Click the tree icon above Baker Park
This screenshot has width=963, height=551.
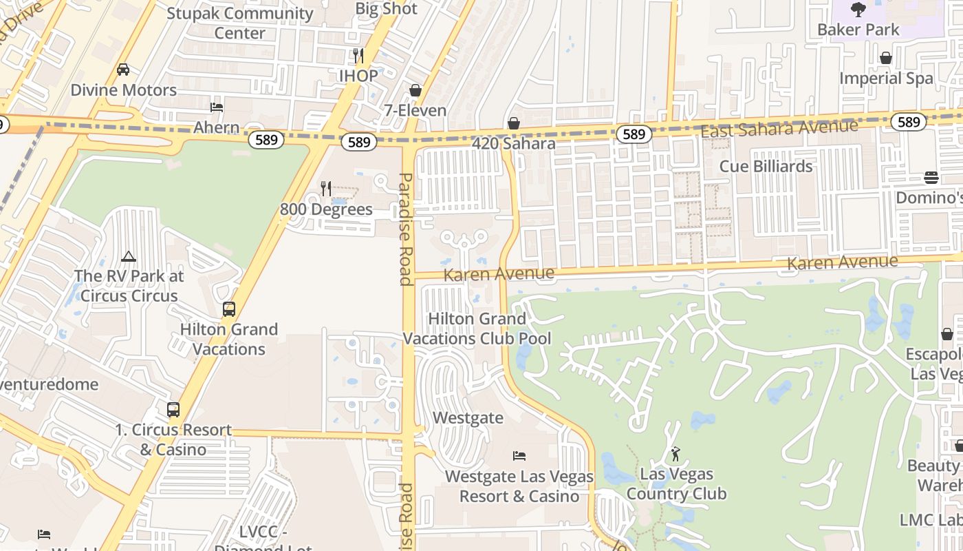pyautogui.click(x=858, y=10)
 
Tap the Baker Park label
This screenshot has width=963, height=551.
pyautogui.click(x=858, y=30)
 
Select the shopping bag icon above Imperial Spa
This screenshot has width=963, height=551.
pyautogui.click(x=886, y=58)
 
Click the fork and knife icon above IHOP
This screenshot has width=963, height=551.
pyautogui.click(x=358, y=55)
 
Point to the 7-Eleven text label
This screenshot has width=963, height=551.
pyautogui.click(x=415, y=110)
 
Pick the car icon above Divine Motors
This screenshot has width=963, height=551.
pyautogui.click(x=123, y=70)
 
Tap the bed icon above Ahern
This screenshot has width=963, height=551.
pyautogui.click(x=216, y=107)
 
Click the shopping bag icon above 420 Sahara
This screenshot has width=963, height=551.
pyautogui.click(x=513, y=123)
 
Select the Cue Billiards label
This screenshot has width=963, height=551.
pyautogui.click(x=766, y=166)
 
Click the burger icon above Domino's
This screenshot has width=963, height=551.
pyautogui.click(x=931, y=178)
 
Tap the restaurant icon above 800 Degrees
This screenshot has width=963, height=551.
pyautogui.click(x=326, y=188)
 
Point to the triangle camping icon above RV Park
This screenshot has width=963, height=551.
pyautogui.click(x=128, y=257)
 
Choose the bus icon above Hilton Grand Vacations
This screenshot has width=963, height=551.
pyautogui.click(x=228, y=309)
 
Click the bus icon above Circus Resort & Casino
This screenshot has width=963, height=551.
pyautogui.click(x=173, y=410)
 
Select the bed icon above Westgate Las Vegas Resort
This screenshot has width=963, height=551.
pyautogui.click(x=519, y=456)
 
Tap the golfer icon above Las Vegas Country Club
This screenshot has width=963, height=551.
pyautogui.click(x=675, y=454)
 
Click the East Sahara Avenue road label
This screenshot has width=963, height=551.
pyautogui.click(x=779, y=128)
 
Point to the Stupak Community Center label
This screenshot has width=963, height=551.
pyautogui.click(x=239, y=23)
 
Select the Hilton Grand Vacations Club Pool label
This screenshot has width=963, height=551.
pyautogui.click(x=477, y=329)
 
